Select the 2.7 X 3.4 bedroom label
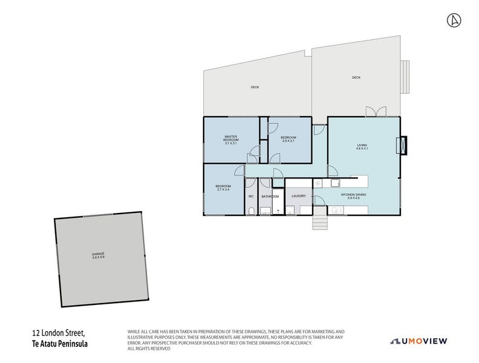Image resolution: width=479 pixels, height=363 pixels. [x=223, y=188]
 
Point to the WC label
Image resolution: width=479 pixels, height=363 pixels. [x=251, y=196]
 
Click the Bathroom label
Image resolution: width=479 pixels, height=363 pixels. [x=270, y=196]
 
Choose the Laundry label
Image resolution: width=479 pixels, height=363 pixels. [x=299, y=196]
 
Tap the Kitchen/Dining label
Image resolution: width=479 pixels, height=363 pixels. [x=354, y=196]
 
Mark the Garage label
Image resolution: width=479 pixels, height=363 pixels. [x=98, y=255]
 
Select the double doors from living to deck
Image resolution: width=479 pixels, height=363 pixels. [x=375, y=112]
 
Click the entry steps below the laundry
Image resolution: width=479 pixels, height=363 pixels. [x=319, y=222]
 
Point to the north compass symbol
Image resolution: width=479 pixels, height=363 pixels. [x=452, y=20]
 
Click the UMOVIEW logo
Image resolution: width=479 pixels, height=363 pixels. [x=419, y=341]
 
